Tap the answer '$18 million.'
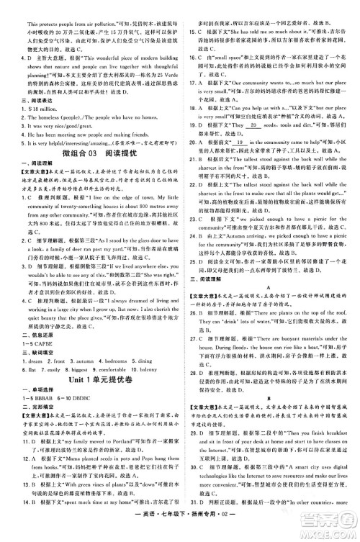[37, 97]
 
